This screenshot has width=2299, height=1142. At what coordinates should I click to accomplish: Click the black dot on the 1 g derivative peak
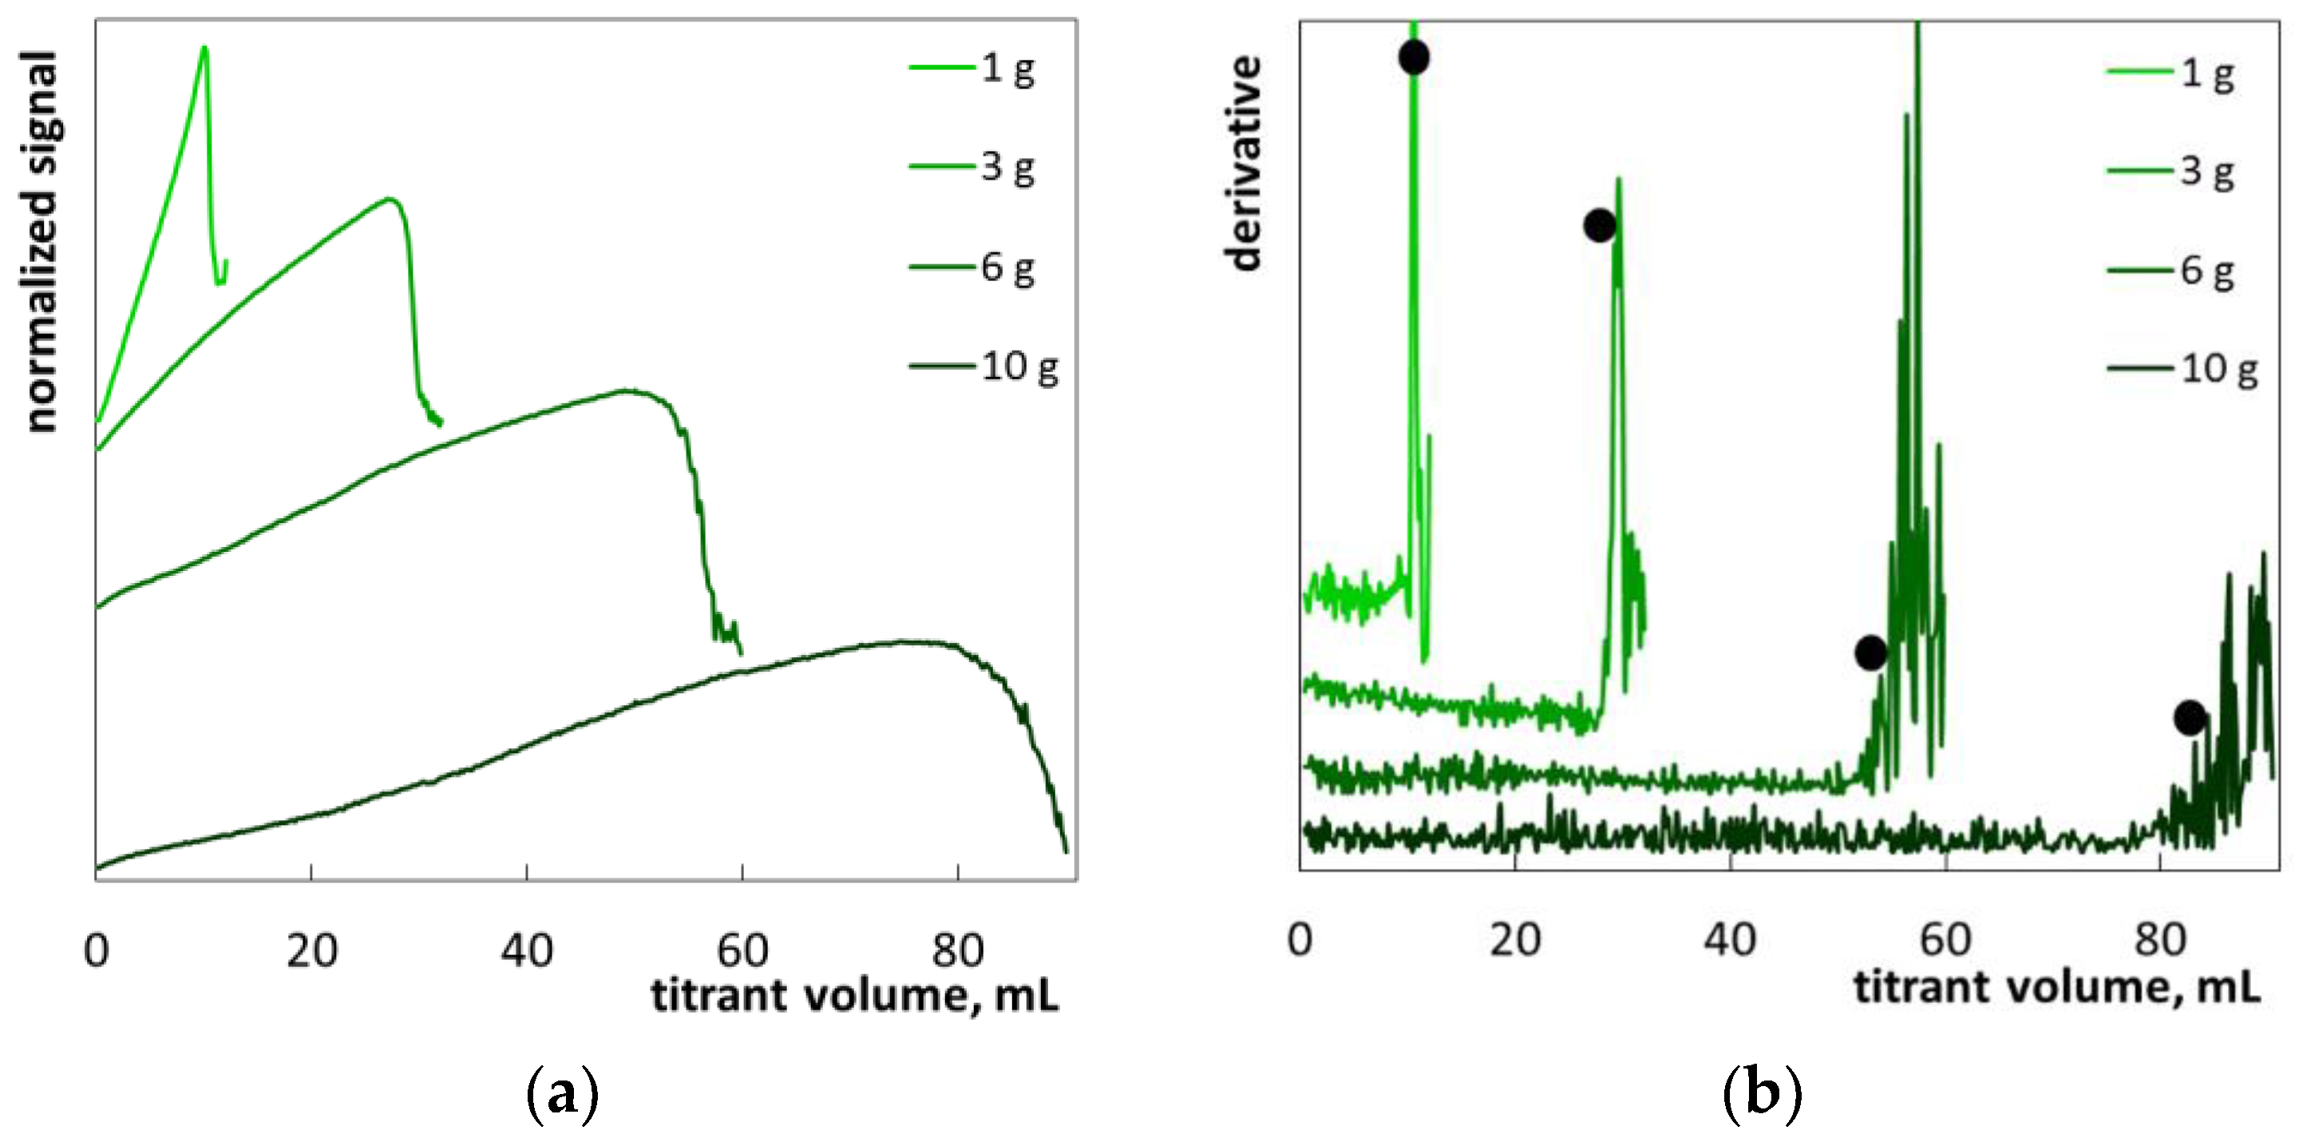tap(1414, 58)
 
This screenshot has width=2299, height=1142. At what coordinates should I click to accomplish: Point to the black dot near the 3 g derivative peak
tap(1599, 225)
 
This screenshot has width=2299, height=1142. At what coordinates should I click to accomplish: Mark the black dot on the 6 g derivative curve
tap(1870, 652)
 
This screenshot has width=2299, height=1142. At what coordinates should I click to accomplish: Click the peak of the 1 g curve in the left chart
tap(205, 47)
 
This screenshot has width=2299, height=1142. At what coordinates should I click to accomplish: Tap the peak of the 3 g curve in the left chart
tap(389, 198)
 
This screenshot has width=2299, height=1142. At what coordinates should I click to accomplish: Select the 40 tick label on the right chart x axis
tap(1730, 940)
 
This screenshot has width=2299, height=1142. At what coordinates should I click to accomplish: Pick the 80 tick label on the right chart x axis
tap(2160, 940)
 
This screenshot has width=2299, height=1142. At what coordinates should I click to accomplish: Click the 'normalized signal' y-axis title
tap(40, 241)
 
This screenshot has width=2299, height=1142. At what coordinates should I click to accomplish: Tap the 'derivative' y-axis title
tap(1243, 162)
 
